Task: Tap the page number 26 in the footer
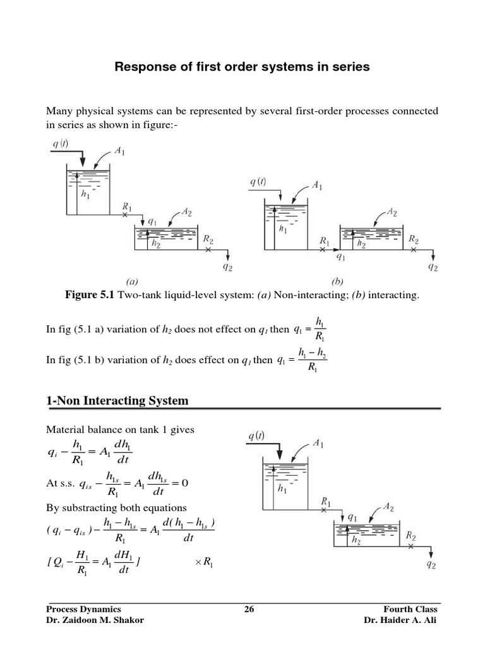pos(248,609)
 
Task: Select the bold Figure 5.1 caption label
pos(89,295)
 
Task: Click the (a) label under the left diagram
pos(133,282)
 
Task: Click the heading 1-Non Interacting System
pos(117,401)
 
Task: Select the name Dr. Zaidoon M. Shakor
pos(95,620)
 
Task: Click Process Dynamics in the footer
pos(83,609)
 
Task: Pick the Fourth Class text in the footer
pos(410,609)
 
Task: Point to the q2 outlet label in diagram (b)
pos(433,267)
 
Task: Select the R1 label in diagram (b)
pos(325,241)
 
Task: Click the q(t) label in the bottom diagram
pos(256,436)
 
